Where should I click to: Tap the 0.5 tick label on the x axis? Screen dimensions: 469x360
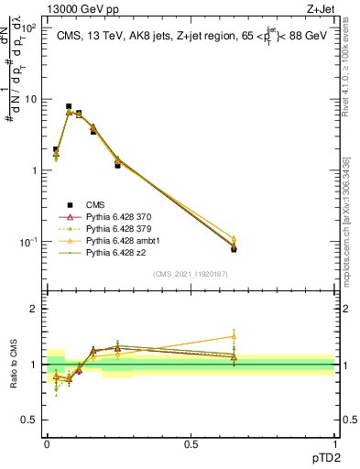191,444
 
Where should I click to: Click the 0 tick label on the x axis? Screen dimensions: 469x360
47,444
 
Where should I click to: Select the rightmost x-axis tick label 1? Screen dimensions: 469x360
334,444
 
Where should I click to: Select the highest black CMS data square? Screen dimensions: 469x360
69,106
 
